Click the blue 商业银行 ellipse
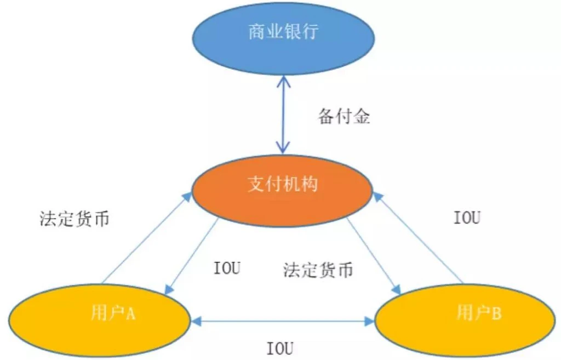click(x=283, y=38)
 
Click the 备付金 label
click(x=344, y=117)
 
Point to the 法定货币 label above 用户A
click(x=75, y=219)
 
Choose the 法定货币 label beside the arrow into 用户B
click(x=318, y=270)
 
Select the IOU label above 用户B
click(x=467, y=218)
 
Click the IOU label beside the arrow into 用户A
click(x=226, y=269)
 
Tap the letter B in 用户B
click(x=496, y=314)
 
